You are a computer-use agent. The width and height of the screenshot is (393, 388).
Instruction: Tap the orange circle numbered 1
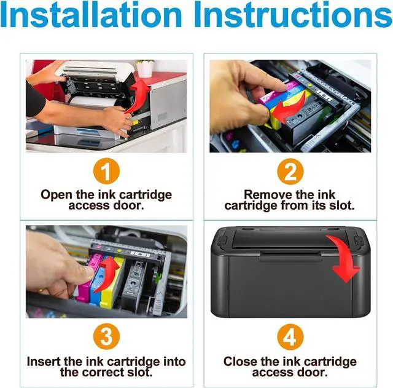(x=106, y=172)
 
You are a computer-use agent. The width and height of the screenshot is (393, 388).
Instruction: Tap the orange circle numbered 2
(x=290, y=172)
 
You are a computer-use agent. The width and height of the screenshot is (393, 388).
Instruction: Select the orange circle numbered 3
(x=106, y=337)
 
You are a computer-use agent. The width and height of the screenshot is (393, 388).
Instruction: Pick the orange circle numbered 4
(x=290, y=337)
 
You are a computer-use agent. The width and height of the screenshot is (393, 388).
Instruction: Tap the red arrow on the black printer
(x=344, y=258)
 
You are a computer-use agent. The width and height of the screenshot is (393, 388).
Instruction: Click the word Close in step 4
(x=241, y=361)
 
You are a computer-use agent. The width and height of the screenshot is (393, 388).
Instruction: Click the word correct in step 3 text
(x=104, y=372)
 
